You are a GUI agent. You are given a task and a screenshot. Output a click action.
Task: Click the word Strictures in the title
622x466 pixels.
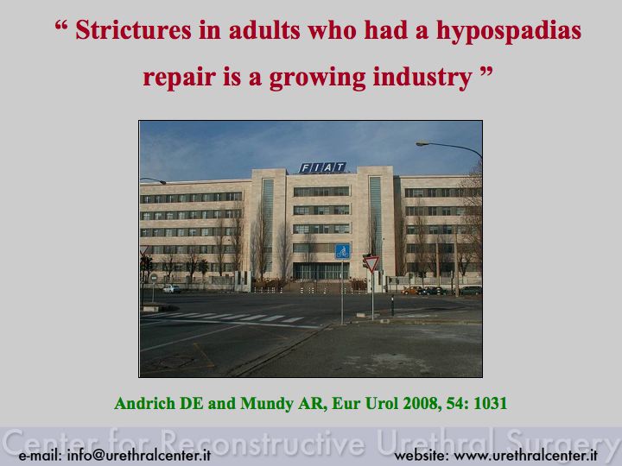pyautogui.click(x=133, y=29)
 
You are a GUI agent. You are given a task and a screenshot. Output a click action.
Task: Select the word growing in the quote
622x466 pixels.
pyautogui.click(x=317, y=78)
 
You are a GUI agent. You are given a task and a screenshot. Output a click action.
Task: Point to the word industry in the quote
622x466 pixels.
pyautogui.click(x=422, y=78)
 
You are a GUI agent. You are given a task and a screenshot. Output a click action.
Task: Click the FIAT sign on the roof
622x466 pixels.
pyautogui.click(x=322, y=167)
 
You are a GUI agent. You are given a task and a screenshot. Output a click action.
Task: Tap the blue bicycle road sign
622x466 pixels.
pyautogui.click(x=342, y=252)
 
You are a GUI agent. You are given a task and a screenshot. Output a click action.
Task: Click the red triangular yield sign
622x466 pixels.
pyautogui.click(x=371, y=263)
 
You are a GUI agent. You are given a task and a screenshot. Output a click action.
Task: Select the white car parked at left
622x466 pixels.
pyautogui.click(x=171, y=288)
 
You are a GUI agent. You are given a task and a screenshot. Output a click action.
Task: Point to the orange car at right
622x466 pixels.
pyautogui.click(x=412, y=291)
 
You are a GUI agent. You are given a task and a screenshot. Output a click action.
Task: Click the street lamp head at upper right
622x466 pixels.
pyautogui.click(x=422, y=143)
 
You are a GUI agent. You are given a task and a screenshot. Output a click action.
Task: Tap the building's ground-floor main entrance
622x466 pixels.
pyautogui.click(x=321, y=271)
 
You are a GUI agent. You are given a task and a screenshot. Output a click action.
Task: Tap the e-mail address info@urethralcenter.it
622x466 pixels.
pyautogui.click(x=139, y=455)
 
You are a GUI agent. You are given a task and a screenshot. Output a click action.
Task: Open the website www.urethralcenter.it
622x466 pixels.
pyautogui.click(x=525, y=455)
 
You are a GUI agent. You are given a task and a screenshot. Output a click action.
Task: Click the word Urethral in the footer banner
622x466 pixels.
pyautogui.click(x=437, y=442)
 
